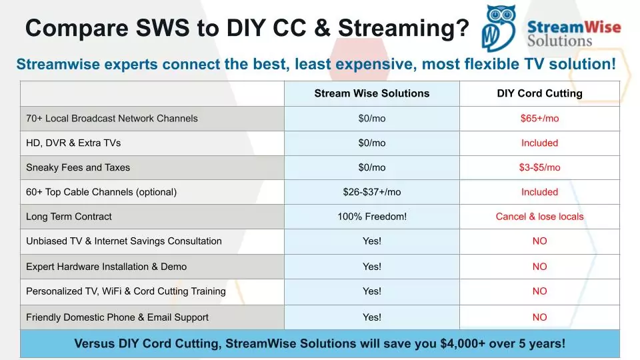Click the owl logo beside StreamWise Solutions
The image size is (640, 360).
pyautogui.click(x=498, y=28)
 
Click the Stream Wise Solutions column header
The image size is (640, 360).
pyautogui.click(x=372, y=93)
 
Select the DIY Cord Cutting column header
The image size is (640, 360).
pyautogui.click(x=539, y=93)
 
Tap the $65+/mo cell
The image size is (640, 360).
pyautogui.click(x=539, y=119)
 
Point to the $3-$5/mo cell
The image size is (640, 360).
pyautogui.click(x=539, y=167)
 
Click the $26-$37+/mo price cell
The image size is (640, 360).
pyautogui.click(x=372, y=192)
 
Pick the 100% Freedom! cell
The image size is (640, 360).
pyautogui.click(x=372, y=216)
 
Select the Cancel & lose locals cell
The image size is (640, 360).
pyautogui.click(x=539, y=216)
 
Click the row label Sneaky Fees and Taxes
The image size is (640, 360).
pyautogui.click(x=78, y=167)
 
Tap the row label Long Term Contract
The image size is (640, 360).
pyautogui.click(x=69, y=216)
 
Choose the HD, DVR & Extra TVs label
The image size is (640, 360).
pyautogui.click(x=73, y=143)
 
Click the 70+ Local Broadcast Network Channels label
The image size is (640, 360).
pyautogui.click(x=112, y=119)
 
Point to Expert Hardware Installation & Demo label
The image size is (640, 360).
pyautogui.click(x=106, y=267)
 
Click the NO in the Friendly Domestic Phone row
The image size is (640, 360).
pyautogui.click(x=539, y=317)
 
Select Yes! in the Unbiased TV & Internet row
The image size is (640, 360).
pyautogui.click(x=372, y=241)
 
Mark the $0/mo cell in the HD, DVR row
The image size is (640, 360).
pyautogui.click(x=372, y=143)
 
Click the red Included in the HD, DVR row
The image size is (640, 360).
pyautogui.click(x=539, y=143)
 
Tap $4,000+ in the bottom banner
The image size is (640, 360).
pyautogui.click(x=463, y=344)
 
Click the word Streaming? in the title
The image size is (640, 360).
pyautogui.click(x=404, y=29)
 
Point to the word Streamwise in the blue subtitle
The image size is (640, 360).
pyautogui.click(x=58, y=64)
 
